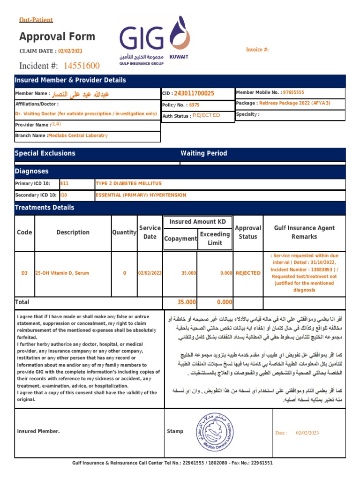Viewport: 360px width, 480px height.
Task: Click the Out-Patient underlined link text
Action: [36, 20]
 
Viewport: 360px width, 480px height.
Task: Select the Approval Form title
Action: [57, 37]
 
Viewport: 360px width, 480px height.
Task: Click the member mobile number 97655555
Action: [294, 93]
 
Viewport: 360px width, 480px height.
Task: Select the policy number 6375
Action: [194, 105]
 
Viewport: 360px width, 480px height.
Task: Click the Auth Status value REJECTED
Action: [206, 115]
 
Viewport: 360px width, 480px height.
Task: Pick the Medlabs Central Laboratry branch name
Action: [78, 135]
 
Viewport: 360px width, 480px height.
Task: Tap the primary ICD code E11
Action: [65, 183]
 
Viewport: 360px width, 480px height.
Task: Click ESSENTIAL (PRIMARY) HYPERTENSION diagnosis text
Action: [141, 195]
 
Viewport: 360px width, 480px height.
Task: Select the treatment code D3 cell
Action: [24, 273]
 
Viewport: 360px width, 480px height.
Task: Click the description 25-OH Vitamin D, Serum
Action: [62, 273]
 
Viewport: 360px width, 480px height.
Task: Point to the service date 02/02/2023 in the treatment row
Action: [150, 273]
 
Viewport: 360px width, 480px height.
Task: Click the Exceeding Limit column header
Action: [215, 238]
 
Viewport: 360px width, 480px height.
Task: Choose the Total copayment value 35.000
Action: [187, 302]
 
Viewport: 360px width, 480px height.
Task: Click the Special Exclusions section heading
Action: [45, 153]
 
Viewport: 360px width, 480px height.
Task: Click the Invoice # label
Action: [257, 50]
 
